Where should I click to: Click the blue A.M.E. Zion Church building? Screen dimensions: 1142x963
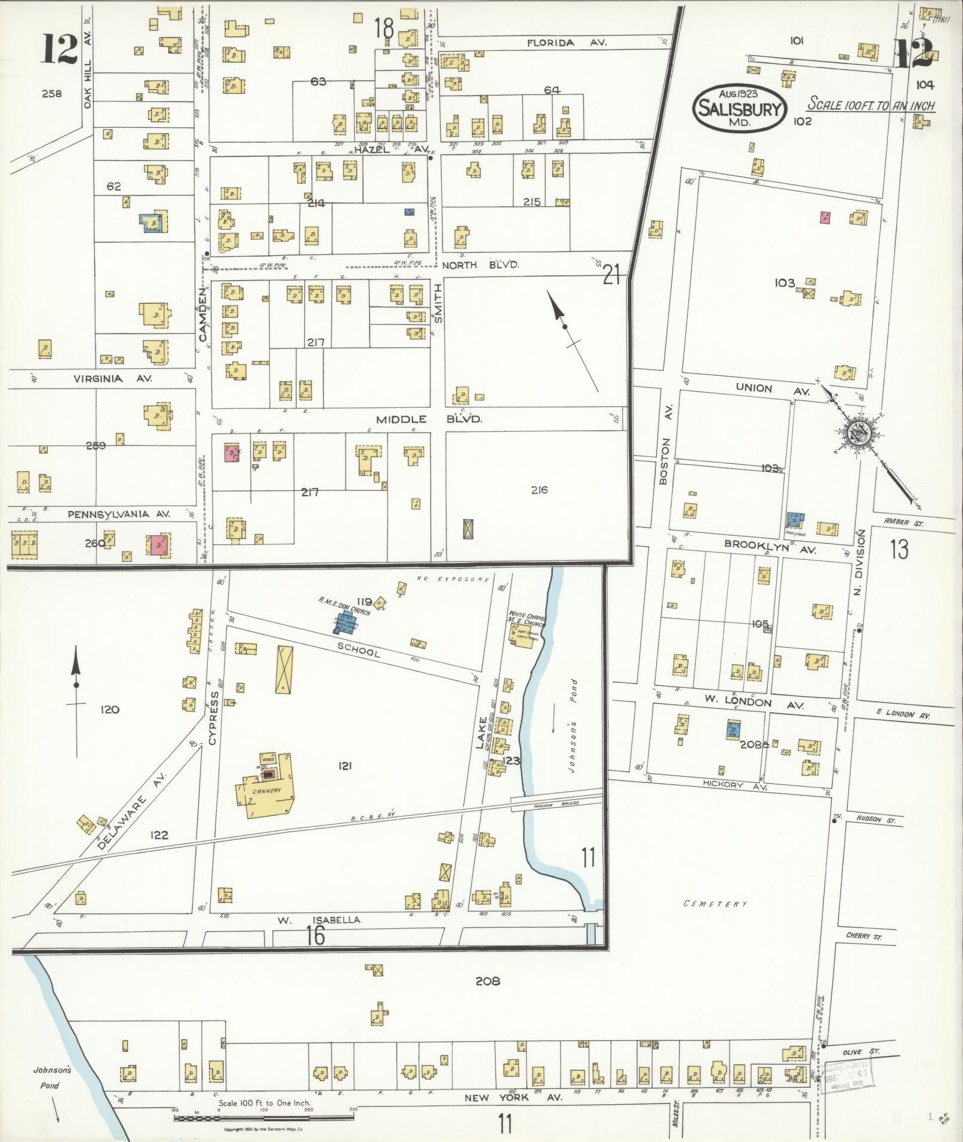(x=343, y=622)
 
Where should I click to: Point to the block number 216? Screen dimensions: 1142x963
(x=539, y=490)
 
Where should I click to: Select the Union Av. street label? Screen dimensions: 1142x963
(x=771, y=389)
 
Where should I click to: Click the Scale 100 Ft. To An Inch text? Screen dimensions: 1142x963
(x=870, y=105)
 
